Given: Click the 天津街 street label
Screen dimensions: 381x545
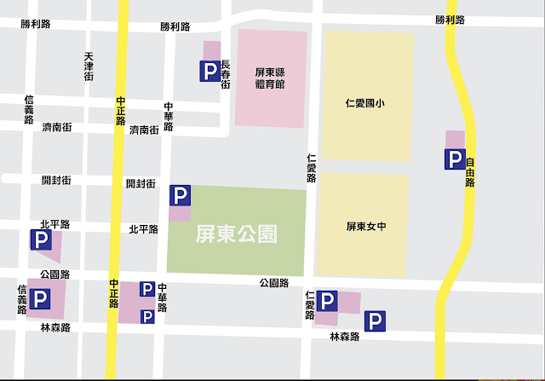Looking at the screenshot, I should (x=89, y=67).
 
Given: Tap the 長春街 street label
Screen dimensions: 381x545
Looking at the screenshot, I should (x=226, y=74).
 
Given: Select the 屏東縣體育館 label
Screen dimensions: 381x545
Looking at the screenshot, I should (x=270, y=79).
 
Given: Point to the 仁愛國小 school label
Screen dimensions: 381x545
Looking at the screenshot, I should (x=366, y=104).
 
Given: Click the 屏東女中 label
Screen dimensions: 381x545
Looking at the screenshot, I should (x=366, y=227).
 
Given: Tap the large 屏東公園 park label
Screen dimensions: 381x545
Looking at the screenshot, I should (x=238, y=232).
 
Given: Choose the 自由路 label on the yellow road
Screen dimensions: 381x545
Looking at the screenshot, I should (x=469, y=171).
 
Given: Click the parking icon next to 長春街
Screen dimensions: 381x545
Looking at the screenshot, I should (x=209, y=72).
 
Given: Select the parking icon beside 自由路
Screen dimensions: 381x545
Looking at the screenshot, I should (x=456, y=159).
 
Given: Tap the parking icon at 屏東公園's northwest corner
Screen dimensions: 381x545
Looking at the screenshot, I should (x=181, y=196).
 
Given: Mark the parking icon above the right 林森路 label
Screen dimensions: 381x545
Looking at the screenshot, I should (x=375, y=320).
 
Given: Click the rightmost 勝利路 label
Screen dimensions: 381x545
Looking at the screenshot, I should (x=450, y=20).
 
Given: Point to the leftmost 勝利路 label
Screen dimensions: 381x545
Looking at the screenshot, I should (x=36, y=25).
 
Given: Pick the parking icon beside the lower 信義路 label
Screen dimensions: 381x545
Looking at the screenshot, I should (x=40, y=298).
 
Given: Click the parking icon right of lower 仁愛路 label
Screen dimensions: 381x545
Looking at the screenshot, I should (x=328, y=301).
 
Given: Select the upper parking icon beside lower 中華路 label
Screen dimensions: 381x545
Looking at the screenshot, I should (x=147, y=289).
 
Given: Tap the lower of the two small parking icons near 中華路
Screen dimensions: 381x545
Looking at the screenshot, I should (x=147, y=316).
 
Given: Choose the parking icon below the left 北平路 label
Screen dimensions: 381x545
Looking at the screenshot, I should (x=40, y=240).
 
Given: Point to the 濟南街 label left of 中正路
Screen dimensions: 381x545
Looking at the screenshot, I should (x=56, y=127).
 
